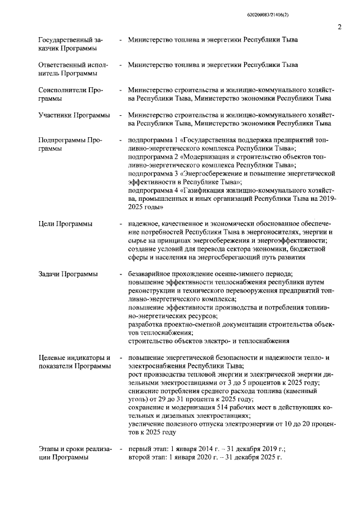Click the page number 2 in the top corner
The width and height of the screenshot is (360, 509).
(x=340, y=26)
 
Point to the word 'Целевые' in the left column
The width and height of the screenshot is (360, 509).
(x=55, y=358)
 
